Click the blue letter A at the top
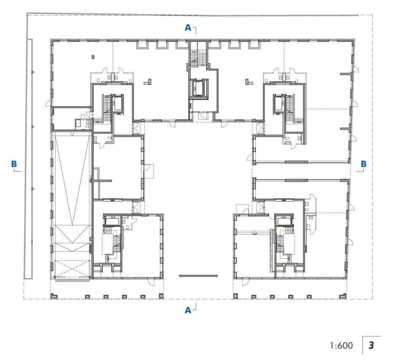188,27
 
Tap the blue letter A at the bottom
188,310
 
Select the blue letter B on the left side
14,164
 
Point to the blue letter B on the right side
364,164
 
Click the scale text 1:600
341,346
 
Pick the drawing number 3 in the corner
371,346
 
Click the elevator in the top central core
198,88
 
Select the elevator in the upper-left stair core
118,103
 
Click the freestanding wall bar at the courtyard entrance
198,276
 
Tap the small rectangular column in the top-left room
93,57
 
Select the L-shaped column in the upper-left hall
148,81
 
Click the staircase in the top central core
198,57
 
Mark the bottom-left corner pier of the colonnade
54,296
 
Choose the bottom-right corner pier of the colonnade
343,296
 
